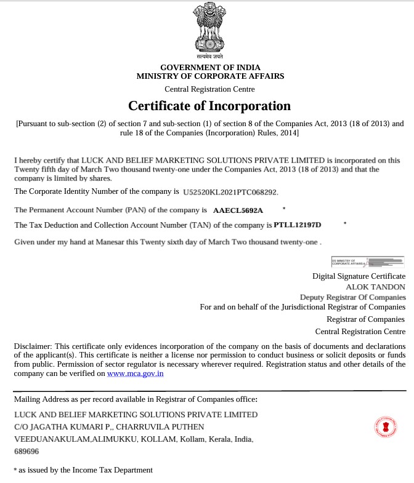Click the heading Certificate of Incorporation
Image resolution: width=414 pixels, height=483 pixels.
point(209,106)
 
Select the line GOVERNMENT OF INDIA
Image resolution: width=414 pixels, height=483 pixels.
point(210,67)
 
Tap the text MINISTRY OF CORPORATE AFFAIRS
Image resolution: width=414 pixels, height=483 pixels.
point(210,76)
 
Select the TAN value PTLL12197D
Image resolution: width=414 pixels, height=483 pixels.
point(298,225)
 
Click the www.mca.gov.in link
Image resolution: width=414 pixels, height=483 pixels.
point(135,373)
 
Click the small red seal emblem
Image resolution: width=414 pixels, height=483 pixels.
point(386,426)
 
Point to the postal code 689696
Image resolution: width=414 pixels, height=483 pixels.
point(26,452)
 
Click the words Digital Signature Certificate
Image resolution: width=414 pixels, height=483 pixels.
point(359,276)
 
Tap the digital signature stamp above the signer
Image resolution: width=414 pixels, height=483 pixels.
point(368,262)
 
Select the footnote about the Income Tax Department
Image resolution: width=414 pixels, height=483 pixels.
point(83,470)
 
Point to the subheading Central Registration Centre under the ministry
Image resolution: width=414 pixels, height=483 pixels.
point(209,90)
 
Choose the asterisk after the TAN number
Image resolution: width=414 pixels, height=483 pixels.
point(346,223)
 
